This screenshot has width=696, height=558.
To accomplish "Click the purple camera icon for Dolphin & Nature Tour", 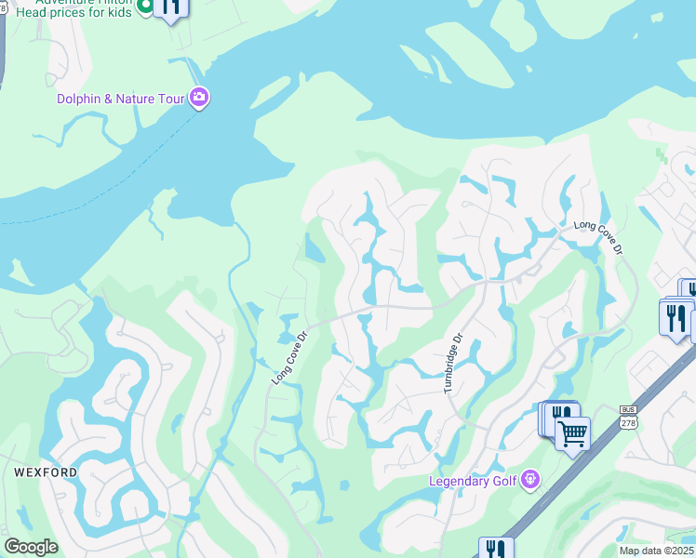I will [198, 98].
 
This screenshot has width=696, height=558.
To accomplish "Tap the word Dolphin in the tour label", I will [81, 99].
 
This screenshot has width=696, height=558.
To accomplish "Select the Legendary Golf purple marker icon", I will [530, 480].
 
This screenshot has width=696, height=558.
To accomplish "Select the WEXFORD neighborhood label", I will [46, 472].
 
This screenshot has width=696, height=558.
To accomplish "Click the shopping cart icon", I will [572, 432].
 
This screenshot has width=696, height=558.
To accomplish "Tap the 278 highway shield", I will [627, 423].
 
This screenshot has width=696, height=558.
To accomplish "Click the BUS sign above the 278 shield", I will [627, 408].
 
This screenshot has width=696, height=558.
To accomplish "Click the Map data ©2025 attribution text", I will [656, 551].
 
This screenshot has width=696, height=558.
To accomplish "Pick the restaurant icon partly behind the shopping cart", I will [558, 413].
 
